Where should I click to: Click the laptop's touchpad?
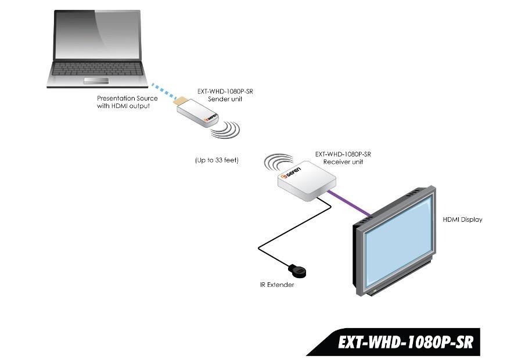point(96,80)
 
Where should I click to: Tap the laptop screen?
point(97,35)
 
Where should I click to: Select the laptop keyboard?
point(97,69)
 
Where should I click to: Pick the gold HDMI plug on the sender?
point(181,101)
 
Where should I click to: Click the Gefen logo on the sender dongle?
point(211,117)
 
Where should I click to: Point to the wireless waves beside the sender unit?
point(226,130)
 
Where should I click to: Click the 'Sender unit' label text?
point(225,99)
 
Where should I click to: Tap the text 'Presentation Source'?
point(127,98)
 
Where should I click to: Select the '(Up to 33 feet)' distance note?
point(217,160)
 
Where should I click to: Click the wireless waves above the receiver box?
point(278,162)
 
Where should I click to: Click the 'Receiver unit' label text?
point(343,162)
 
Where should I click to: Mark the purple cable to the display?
point(349,203)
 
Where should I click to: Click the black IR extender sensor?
point(297,271)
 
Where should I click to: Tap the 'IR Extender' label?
point(277,285)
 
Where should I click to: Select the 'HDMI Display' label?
point(462,219)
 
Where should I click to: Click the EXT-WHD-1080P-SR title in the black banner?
point(406,342)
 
